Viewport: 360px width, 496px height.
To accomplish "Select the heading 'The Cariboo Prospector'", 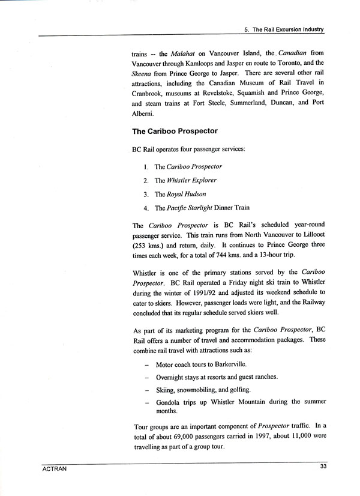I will point(175,130).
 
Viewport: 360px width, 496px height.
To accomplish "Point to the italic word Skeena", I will point(144,73).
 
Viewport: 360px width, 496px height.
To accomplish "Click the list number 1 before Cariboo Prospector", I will point(146,166).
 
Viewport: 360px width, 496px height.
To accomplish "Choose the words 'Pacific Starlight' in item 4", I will point(194,208).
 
